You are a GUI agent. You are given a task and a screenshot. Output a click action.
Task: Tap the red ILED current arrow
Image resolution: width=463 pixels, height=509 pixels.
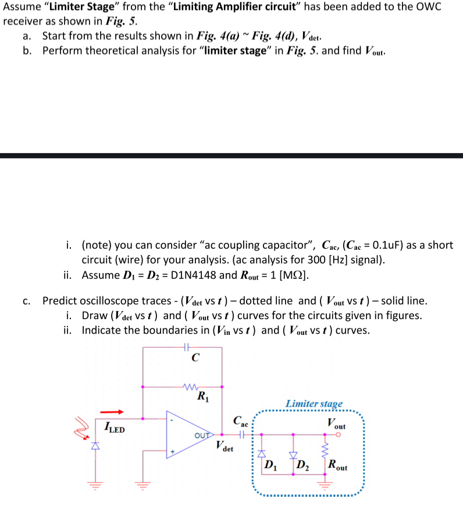[115, 412]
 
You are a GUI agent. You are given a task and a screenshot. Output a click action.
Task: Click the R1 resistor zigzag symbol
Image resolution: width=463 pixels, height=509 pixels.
[192, 386]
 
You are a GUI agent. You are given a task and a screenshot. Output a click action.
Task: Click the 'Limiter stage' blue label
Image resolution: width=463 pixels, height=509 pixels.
[314, 404]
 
